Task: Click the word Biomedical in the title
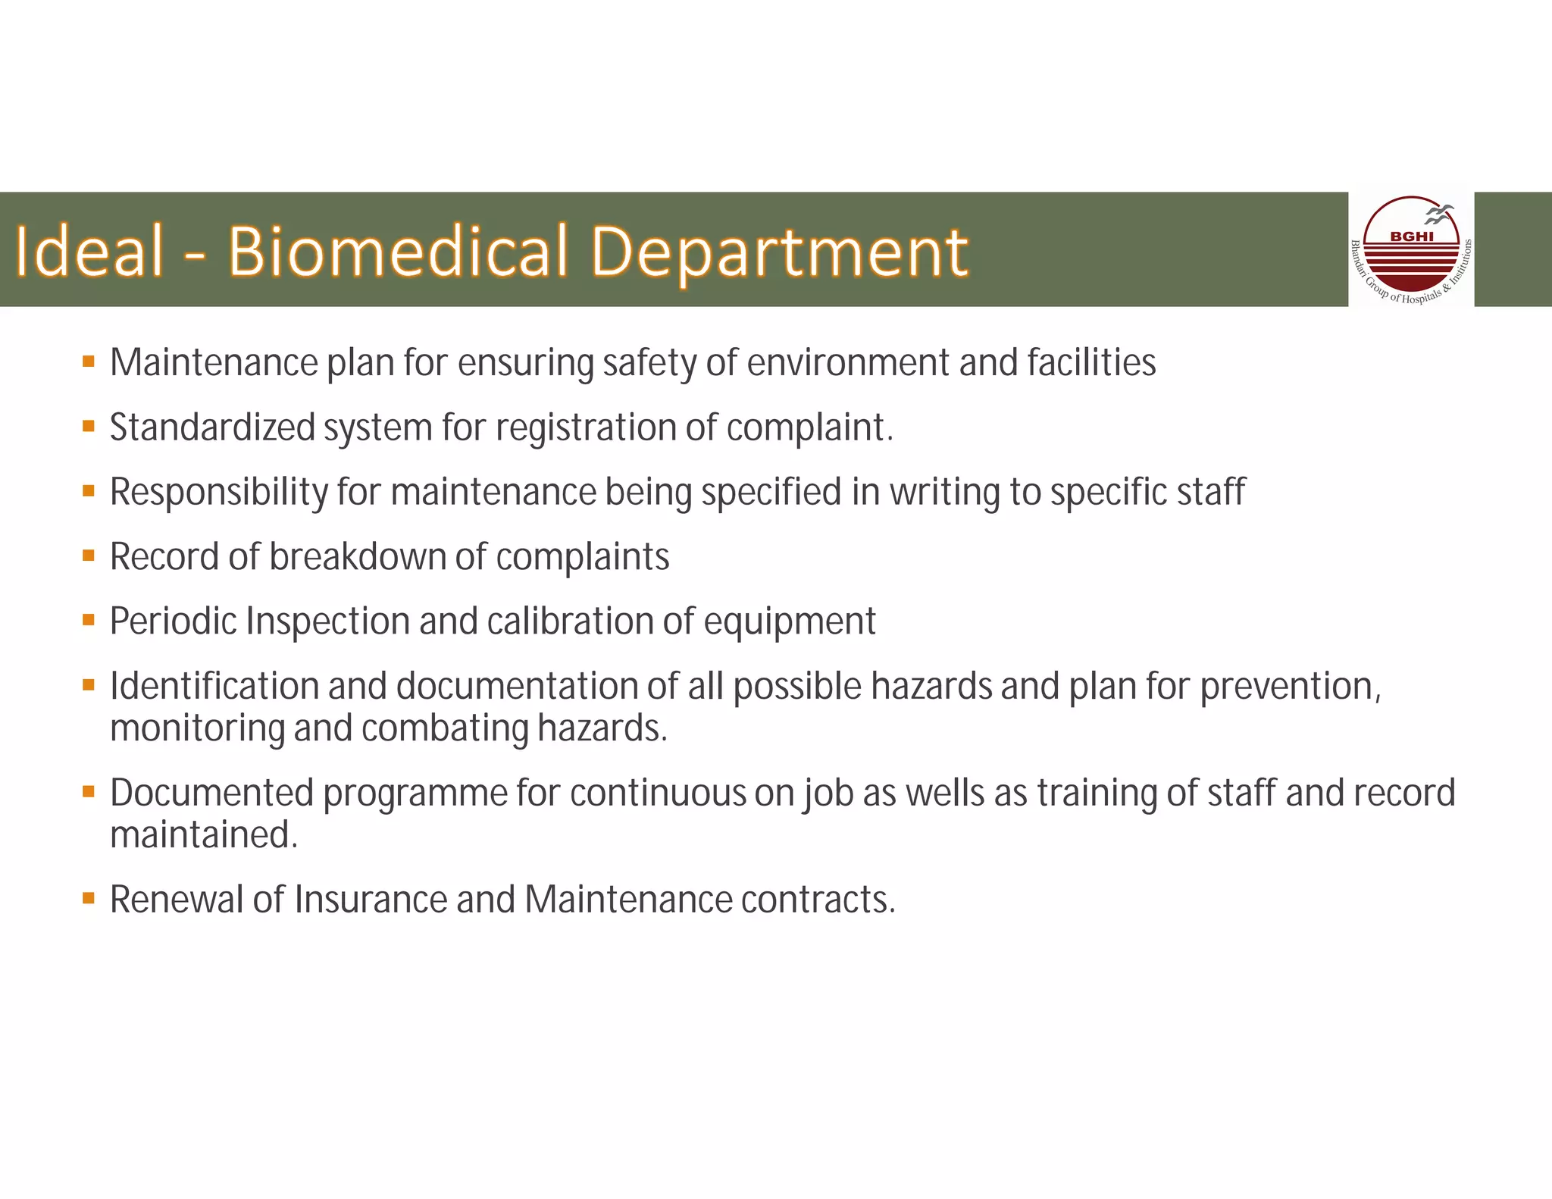coord(398,252)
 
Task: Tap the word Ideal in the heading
coord(89,252)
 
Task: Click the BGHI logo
coord(1410,250)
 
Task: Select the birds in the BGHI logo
coord(1438,214)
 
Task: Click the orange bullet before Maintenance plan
coord(89,362)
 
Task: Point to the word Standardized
coord(212,427)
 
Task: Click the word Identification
coord(214,687)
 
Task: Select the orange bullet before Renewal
coord(89,899)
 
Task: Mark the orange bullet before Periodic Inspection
coord(89,621)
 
